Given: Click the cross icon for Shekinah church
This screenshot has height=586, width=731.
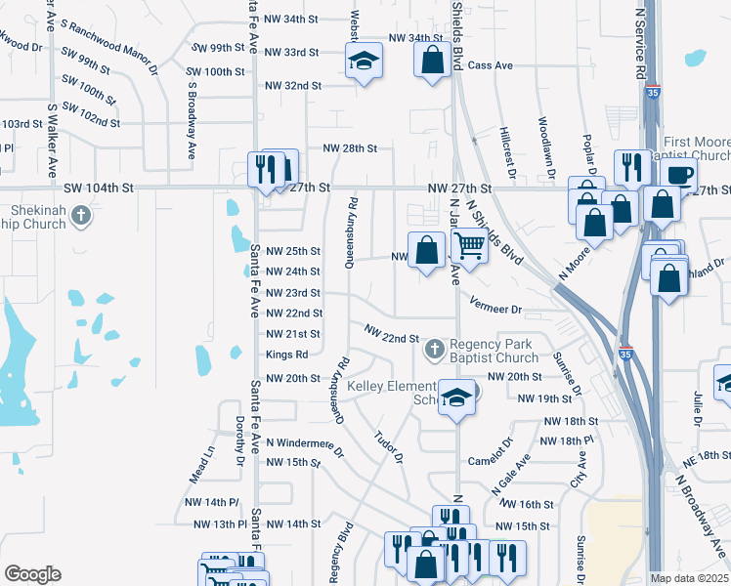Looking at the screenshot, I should pyautogui.click(x=82, y=215).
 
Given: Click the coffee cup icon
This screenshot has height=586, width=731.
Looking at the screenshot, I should pyautogui.click(x=678, y=175).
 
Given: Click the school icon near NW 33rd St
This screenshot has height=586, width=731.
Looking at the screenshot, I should pyautogui.click(x=363, y=62).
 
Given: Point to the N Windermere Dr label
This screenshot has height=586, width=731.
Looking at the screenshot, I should pyautogui.click(x=305, y=446).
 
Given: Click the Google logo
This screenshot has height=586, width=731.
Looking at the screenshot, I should pyautogui.click(x=32, y=574).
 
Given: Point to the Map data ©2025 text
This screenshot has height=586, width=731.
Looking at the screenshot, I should pyautogui.click(x=689, y=578).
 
